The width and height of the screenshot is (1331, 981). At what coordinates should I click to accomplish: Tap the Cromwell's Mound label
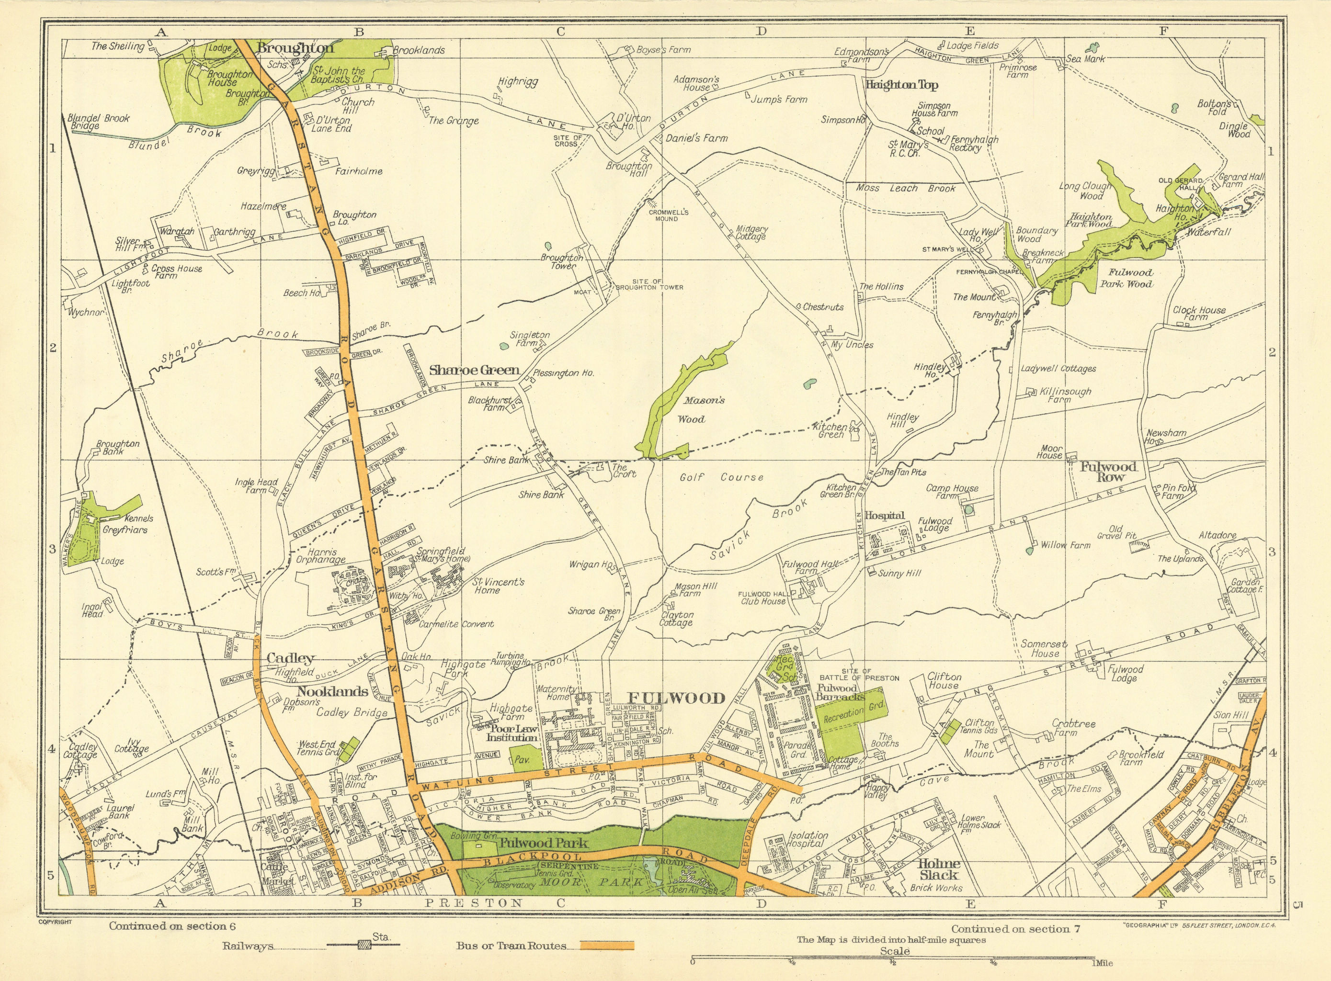[668, 215]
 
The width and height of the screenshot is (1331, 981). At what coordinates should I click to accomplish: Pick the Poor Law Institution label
[512, 732]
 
